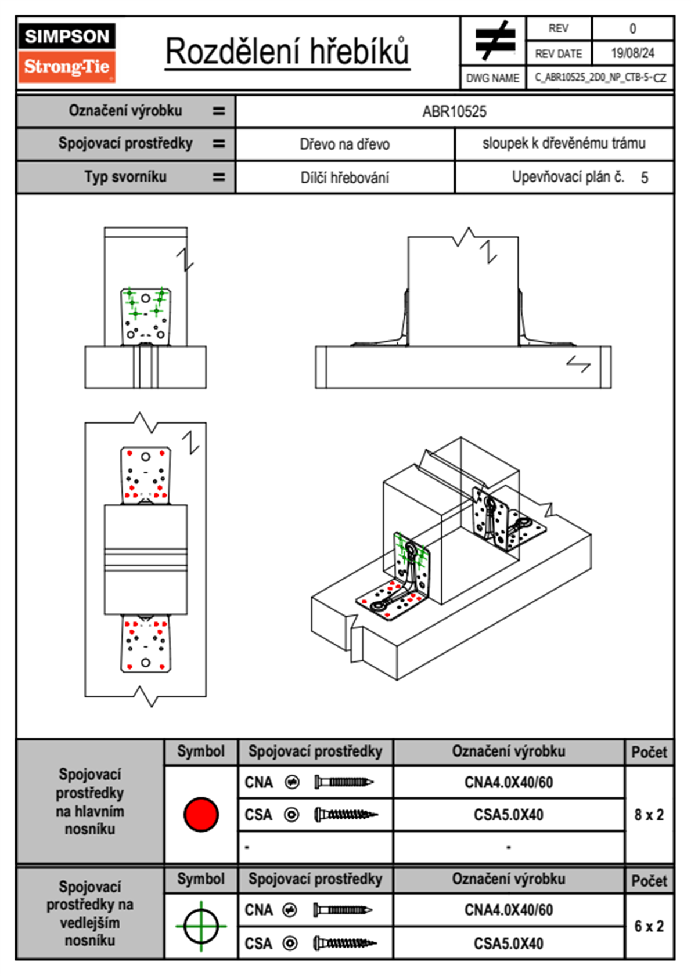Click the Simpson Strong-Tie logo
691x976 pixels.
pyautogui.click(x=67, y=53)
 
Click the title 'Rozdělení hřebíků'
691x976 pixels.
pyautogui.click(x=287, y=52)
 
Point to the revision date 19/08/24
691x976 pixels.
pyautogui.click(x=632, y=53)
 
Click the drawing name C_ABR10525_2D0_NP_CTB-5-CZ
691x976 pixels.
pyautogui.click(x=600, y=78)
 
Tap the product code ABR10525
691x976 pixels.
pyautogui.click(x=454, y=112)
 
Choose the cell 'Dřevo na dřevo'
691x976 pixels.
pyautogui.click(x=344, y=144)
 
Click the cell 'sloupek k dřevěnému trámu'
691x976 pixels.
pyautogui.click(x=563, y=144)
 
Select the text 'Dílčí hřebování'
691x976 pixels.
pyautogui.click(x=344, y=178)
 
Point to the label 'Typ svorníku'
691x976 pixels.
pyautogui.click(x=125, y=177)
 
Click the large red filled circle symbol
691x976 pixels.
pyautogui.click(x=201, y=814)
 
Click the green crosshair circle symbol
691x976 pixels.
pyautogui.click(x=201, y=926)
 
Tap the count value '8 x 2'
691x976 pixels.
pyautogui.click(x=649, y=815)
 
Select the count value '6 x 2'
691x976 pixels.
pyautogui.click(x=649, y=926)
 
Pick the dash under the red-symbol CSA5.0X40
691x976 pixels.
pyautogui.click(x=508, y=848)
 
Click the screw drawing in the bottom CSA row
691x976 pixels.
pyautogui.click(x=345, y=944)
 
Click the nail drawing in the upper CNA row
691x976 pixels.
pyautogui.click(x=344, y=782)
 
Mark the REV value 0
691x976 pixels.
pyautogui.click(x=632, y=28)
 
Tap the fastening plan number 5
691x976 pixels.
pyautogui.click(x=645, y=178)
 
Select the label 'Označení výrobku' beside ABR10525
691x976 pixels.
pyautogui.click(x=125, y=111)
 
